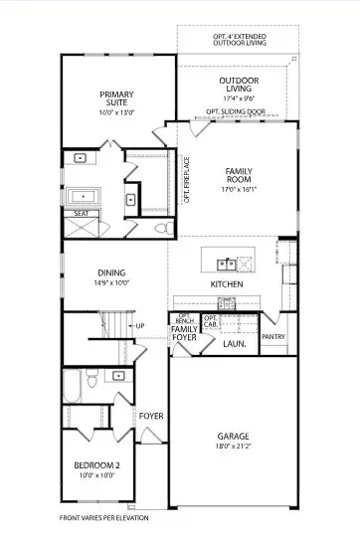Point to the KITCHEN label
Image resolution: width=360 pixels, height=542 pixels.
click(x=227, y=285)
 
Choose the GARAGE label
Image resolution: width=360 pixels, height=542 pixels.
click(x=234, y=436)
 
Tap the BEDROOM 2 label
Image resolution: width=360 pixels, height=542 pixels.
click(x=98, y=465)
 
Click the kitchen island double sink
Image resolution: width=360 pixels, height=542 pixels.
click(x=228, y=264)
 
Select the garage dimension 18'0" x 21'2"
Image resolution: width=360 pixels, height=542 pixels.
click(x=234, y=448)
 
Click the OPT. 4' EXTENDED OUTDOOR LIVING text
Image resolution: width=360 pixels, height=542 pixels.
click(x=235, y=39)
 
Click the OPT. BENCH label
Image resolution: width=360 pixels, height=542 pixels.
click(x=184, y=321)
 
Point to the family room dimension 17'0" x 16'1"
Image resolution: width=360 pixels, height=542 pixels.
click(x=240, y=189)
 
